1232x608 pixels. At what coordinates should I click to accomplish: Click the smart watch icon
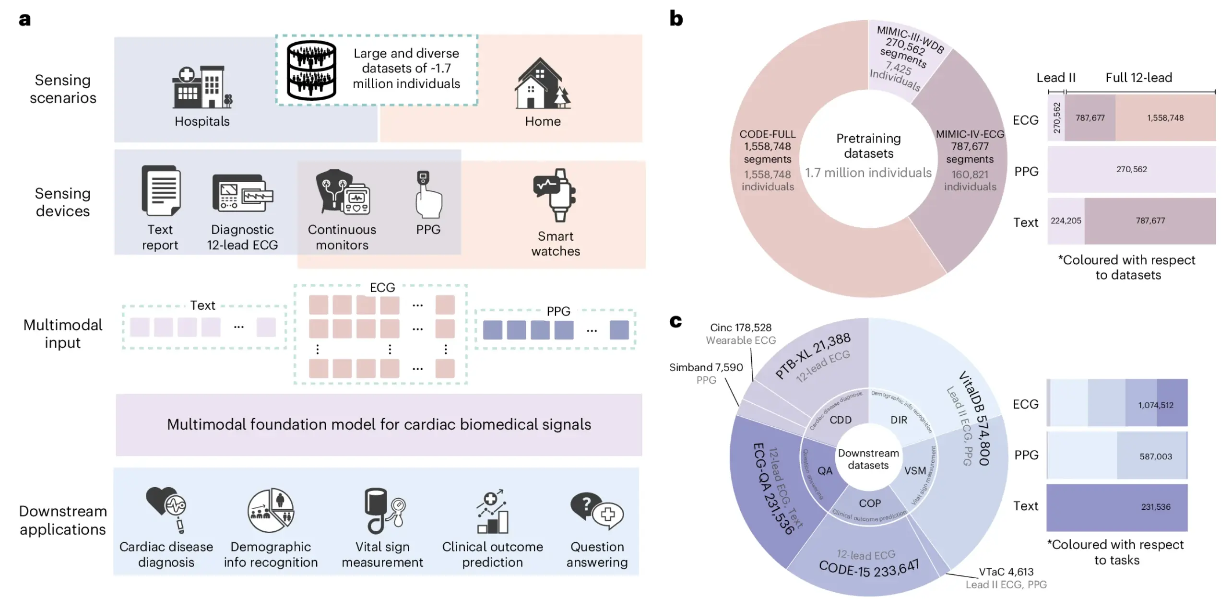(555, 195)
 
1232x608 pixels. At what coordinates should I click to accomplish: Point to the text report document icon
(161, 190)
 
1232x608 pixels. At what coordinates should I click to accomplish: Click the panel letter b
(676, 19)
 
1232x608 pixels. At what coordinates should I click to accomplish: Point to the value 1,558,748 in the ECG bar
(1165, 118)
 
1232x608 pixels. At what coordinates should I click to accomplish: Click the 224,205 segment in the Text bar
(1066, 221)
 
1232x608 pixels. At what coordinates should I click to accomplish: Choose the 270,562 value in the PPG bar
(1131, 169)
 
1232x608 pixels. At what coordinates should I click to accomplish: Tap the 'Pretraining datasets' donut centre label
(868, 146)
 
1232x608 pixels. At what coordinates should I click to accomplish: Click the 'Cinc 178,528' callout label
(740, 327)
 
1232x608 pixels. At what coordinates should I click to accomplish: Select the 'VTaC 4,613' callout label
(1006, 572)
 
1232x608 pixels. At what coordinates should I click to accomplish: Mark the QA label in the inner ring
(825, 471)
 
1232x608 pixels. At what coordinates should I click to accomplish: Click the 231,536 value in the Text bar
(1155, 507)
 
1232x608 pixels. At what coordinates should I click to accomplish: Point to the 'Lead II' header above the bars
(1055, 78)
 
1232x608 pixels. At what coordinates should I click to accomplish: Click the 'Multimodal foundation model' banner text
(379, 424)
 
